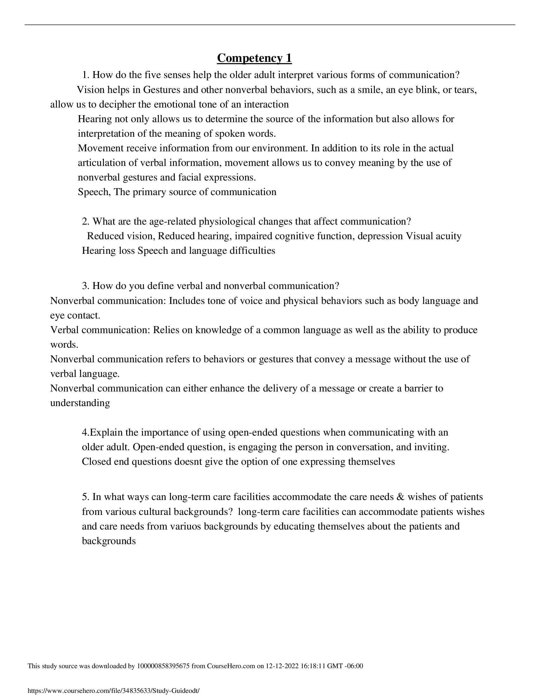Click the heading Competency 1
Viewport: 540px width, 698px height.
(x=254, y=58)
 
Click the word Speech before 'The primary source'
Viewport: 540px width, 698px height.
(x=94, y=192)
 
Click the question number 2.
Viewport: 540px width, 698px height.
(x=85, y=221)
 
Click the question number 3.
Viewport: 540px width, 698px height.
(x=85, y=286)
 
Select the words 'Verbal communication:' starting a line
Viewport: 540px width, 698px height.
(x=100, y=330)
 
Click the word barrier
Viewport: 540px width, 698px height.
(x=418, y=388)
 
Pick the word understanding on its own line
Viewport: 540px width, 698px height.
(x=80, y=403)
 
